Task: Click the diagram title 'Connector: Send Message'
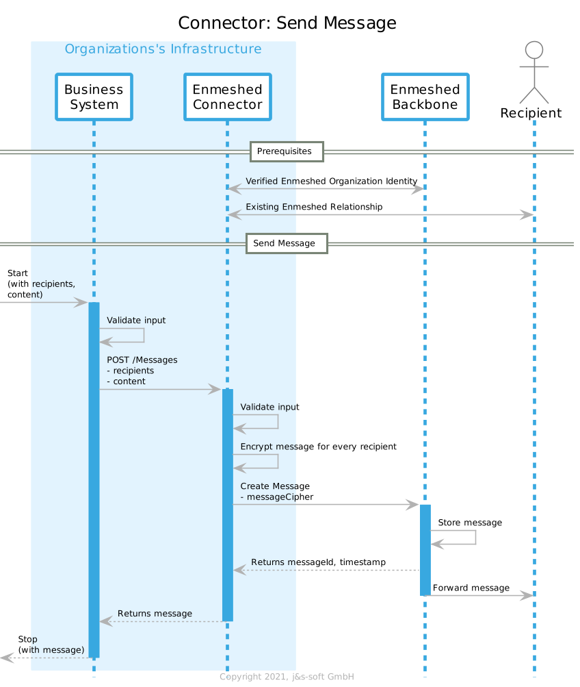point(287,23)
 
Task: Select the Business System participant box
point(94,97)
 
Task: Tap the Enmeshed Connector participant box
point(227,97)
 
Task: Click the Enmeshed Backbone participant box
point(425,97)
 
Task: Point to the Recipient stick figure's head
point(534,50)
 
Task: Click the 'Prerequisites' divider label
point(287,151)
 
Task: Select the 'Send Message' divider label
point(287,244)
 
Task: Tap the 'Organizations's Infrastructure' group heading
point(163,49)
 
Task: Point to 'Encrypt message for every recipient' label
point(318,447)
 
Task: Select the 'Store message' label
point(470,523)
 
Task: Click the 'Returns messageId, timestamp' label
point(318,562)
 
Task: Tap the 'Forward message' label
point(471,588)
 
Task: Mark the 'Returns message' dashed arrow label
point(155,614)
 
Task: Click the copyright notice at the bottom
point(287,677)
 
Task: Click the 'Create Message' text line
point(275,486)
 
